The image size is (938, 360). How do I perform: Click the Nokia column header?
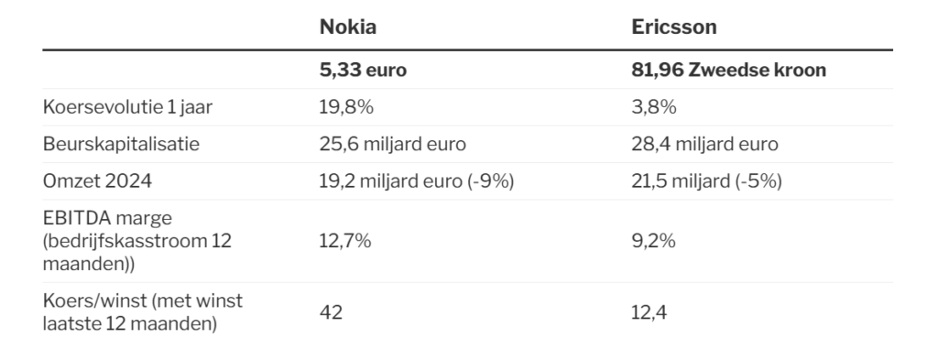tap(347, 27)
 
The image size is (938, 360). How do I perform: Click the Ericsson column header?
tap(673, 27)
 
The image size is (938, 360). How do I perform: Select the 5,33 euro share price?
tap(363, 70)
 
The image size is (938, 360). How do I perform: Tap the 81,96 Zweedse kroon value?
tap(728, 70)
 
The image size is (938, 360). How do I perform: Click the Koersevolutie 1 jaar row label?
tap(127, 107)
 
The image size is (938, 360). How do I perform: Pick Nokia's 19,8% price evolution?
tap(346, 107)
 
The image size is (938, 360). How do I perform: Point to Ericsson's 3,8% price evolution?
tap(654, 107)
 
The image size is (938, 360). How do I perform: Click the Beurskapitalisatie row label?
tap(121, 144)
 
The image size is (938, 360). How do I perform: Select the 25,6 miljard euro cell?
tap(392, 144)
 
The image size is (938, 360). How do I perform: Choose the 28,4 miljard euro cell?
tap(704, 144)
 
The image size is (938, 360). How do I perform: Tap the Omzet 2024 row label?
tap(97, 181)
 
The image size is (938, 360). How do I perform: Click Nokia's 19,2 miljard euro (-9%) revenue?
tap(417, 181)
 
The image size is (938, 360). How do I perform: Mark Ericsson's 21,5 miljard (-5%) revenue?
tap(706, 181)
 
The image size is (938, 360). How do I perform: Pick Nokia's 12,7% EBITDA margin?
tap(345, 241)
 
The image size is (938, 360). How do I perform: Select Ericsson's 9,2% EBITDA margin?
tap(653, 241)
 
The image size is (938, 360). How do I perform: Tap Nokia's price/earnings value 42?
tap(331, 312)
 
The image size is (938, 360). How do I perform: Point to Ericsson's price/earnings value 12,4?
tap(649, 312)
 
